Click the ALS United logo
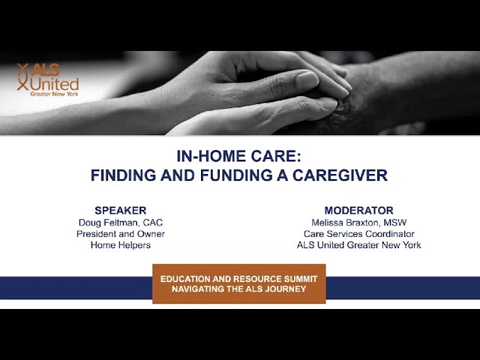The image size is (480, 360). [48, 79]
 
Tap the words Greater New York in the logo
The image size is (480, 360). [54, 94]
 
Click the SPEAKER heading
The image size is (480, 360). [120, 211]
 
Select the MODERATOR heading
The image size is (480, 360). [358, 211]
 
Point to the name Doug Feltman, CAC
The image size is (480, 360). [121, 223]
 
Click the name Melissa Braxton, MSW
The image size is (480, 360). [358, 223]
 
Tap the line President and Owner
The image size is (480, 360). [121, 234]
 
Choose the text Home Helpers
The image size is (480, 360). [121, 245]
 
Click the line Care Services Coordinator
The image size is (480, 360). [358, 234]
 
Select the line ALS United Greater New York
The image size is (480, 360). [358, 245]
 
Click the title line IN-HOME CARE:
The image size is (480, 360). [238, 156]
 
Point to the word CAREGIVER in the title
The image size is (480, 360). [340, 175]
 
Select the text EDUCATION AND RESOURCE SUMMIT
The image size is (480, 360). [238, 279]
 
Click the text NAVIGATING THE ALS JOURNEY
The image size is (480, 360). [238, 289]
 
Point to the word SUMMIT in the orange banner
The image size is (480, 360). [301, 279]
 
